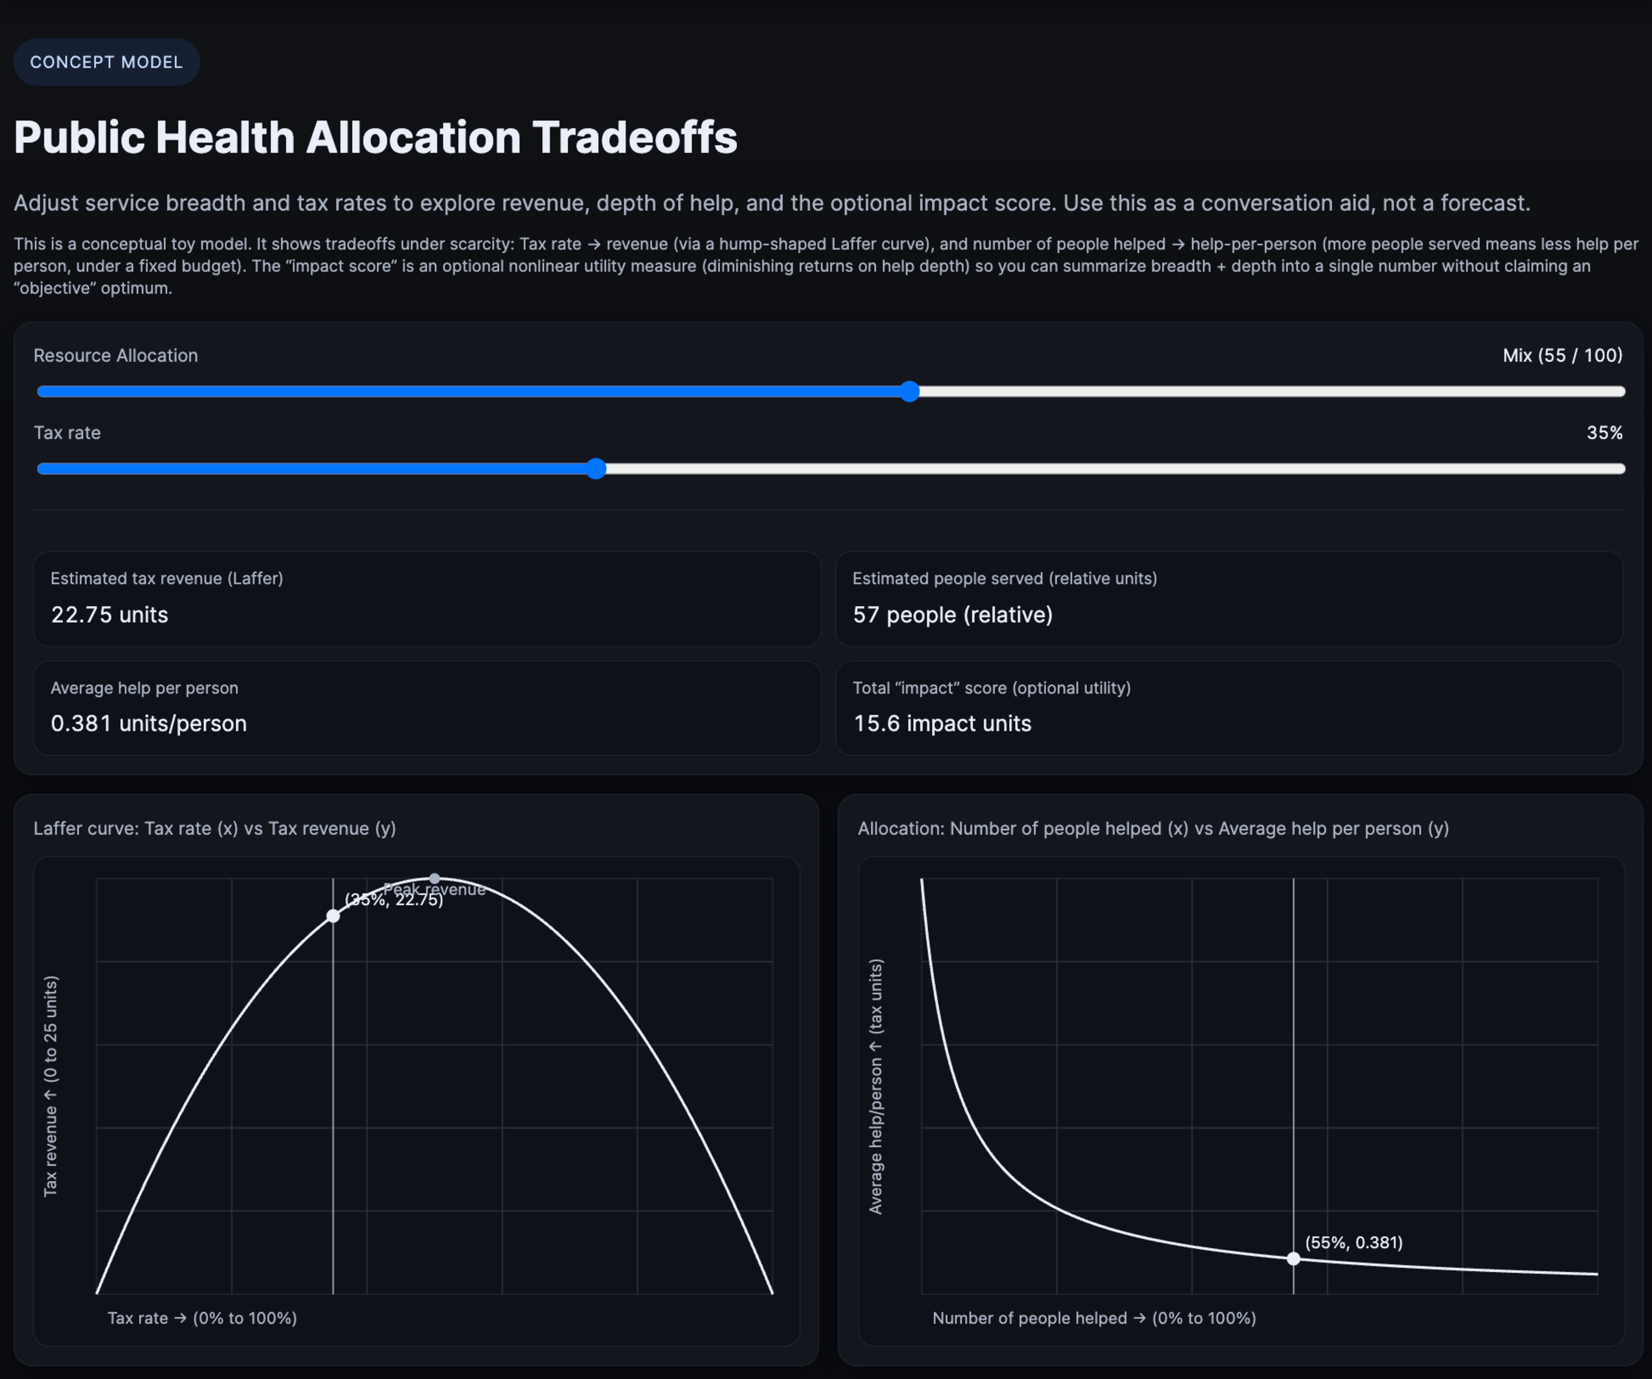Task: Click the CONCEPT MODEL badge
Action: [106, 62]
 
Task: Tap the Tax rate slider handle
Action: [596, 469]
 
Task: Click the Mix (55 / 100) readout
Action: [1562, 355]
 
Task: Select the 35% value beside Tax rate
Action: [1604, 433]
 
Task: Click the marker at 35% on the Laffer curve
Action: [333, 916]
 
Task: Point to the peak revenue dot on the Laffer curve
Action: [434, 879]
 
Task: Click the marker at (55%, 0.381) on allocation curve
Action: [1293, 1259]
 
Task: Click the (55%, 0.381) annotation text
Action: [1353, 1242]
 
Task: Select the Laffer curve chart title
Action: [214, 828]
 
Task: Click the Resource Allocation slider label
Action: [116, 355]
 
